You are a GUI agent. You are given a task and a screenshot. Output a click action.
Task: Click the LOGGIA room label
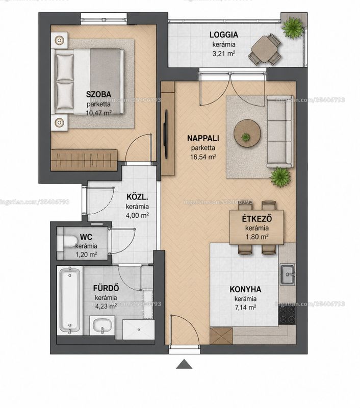point(224,35)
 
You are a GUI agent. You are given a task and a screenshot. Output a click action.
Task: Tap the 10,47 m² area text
point(98,113)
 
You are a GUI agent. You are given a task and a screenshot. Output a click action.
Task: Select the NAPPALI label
point(203,138)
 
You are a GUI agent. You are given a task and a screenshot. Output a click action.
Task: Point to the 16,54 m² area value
point(203,157)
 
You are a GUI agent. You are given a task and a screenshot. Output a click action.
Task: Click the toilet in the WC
point(67,241)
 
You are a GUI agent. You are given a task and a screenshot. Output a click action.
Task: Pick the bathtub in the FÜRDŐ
point(69,300)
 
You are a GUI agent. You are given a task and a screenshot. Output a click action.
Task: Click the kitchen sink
point(288,274)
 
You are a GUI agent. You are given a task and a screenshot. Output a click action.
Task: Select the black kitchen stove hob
point(287,315)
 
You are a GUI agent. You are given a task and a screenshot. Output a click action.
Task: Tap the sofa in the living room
point(280,132)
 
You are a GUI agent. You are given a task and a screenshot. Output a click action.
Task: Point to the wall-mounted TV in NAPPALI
point(165,134)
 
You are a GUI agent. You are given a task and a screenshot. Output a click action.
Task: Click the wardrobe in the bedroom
point(84,160)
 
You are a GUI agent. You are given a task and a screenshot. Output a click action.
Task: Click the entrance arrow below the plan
point(184,364)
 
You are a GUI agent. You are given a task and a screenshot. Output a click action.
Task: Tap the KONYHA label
point(245,289)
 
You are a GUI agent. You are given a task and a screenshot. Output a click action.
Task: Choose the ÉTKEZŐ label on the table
point(256,219)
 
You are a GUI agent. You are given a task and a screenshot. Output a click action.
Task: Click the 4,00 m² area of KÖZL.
point(138,215)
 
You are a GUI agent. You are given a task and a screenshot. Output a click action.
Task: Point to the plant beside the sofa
point(280,177)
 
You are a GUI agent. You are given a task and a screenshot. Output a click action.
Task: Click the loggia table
point(265,49)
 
